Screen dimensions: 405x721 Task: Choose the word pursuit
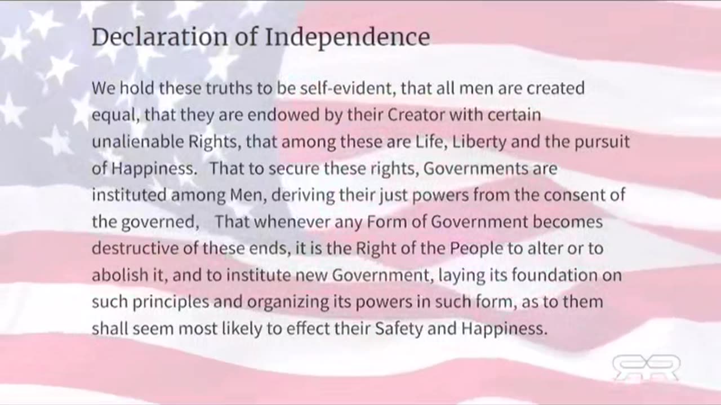click(x=602, y=142)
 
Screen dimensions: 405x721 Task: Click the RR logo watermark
click(x=646, y=368)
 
